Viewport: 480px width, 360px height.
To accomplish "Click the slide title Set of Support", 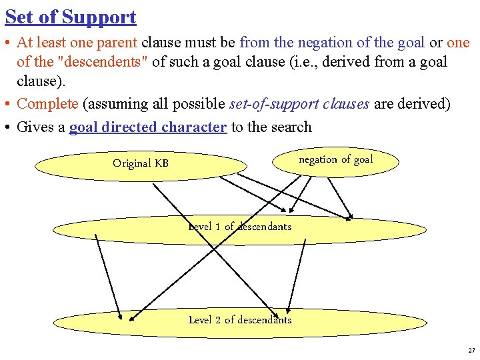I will pyautogui.click(x=70, y=17).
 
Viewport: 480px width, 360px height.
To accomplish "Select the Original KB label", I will pyautogui.click(x=141, y=163).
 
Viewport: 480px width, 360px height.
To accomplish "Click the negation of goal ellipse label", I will pyautogui.click(x=335, y=159).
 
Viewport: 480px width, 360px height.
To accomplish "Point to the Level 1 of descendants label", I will pyautogui.click(x=240, y=227).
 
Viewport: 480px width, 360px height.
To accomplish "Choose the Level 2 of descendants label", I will pyautogui.click(x=240, y=320).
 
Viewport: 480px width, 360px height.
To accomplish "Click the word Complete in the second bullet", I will pyautogui.click(x=47, y=104).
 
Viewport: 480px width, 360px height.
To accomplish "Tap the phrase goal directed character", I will pyautogui.click(x=148, y=127).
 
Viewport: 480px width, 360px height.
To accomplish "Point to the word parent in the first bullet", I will pyautogui.click(x=121, y=43).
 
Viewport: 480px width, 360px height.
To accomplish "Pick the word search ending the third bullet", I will pyautogui.click(x=291, y=127).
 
